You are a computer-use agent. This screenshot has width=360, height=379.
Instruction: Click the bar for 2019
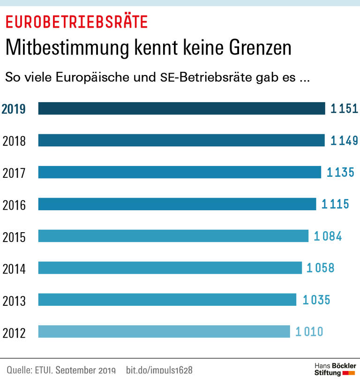pyautogui.click(x=181, y=108)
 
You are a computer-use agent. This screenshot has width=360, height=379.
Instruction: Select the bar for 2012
pyautogui.click(x=164, y=332)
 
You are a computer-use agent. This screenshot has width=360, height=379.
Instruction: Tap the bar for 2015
pyautogui.click(x=173, y=236)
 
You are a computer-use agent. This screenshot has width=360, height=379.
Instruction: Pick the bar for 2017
pyautogui.click(x=180, y=172)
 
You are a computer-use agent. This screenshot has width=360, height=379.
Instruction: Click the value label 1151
pyautogui.click(x=344, y=109)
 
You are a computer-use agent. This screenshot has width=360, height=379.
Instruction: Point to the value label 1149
pyautogui.click(x=344, y=140)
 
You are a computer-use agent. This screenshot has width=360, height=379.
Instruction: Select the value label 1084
pyautogui.click(x=328, y=236)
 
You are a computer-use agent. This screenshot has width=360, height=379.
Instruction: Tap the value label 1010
pyautogui.click(x=309, y=332)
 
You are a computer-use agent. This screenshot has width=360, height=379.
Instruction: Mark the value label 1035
pyautogui.click(x=316, y=300)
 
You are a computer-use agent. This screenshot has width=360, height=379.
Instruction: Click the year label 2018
pyautogui.click(x=14, y=141)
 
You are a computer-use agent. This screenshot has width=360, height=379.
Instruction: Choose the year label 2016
pyautogui.click(x=14, y=205)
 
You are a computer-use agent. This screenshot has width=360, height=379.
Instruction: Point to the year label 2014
pyautogui.click(x=14, y=269)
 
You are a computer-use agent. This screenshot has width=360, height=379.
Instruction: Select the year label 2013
pyautogui.click(x=14, y=301)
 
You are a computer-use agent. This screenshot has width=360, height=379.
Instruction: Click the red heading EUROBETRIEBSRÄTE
pyautogui.click(x=76, y=21)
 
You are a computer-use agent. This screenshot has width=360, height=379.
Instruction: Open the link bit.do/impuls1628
pyautogui.click(x=159, y=370)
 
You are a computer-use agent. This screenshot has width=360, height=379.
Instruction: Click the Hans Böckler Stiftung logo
pyautogui.click(x=334, y=369)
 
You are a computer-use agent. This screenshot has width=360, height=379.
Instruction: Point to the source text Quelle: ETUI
pyautogui.click(x=30, y=370)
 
